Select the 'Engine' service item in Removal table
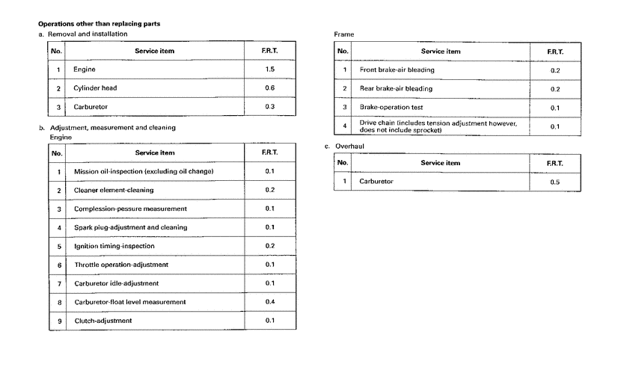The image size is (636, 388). click(85, 70)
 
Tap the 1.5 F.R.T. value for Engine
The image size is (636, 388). click(270, 70)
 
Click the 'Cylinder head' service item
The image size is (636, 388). click(95, 88)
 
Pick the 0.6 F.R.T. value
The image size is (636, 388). click(270, 88)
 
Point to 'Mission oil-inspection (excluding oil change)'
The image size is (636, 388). click(144, 171)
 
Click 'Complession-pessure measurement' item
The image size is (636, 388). click(130, 209)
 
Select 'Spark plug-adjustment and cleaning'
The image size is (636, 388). click(131, 227)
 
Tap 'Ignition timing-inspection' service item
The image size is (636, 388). click(114, 246)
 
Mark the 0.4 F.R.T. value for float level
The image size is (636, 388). click(270, 302)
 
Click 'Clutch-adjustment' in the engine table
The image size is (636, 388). click(103, 321)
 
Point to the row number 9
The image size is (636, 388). click(58, 321)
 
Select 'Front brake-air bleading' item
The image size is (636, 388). click(397, 70)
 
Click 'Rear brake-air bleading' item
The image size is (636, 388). click(396, 89)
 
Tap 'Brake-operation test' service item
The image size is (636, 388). click(391, 108)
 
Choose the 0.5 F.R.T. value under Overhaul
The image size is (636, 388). click(554, 182)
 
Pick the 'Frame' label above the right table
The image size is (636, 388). click(344, 34)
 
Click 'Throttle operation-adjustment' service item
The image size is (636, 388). click(121, 265)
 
